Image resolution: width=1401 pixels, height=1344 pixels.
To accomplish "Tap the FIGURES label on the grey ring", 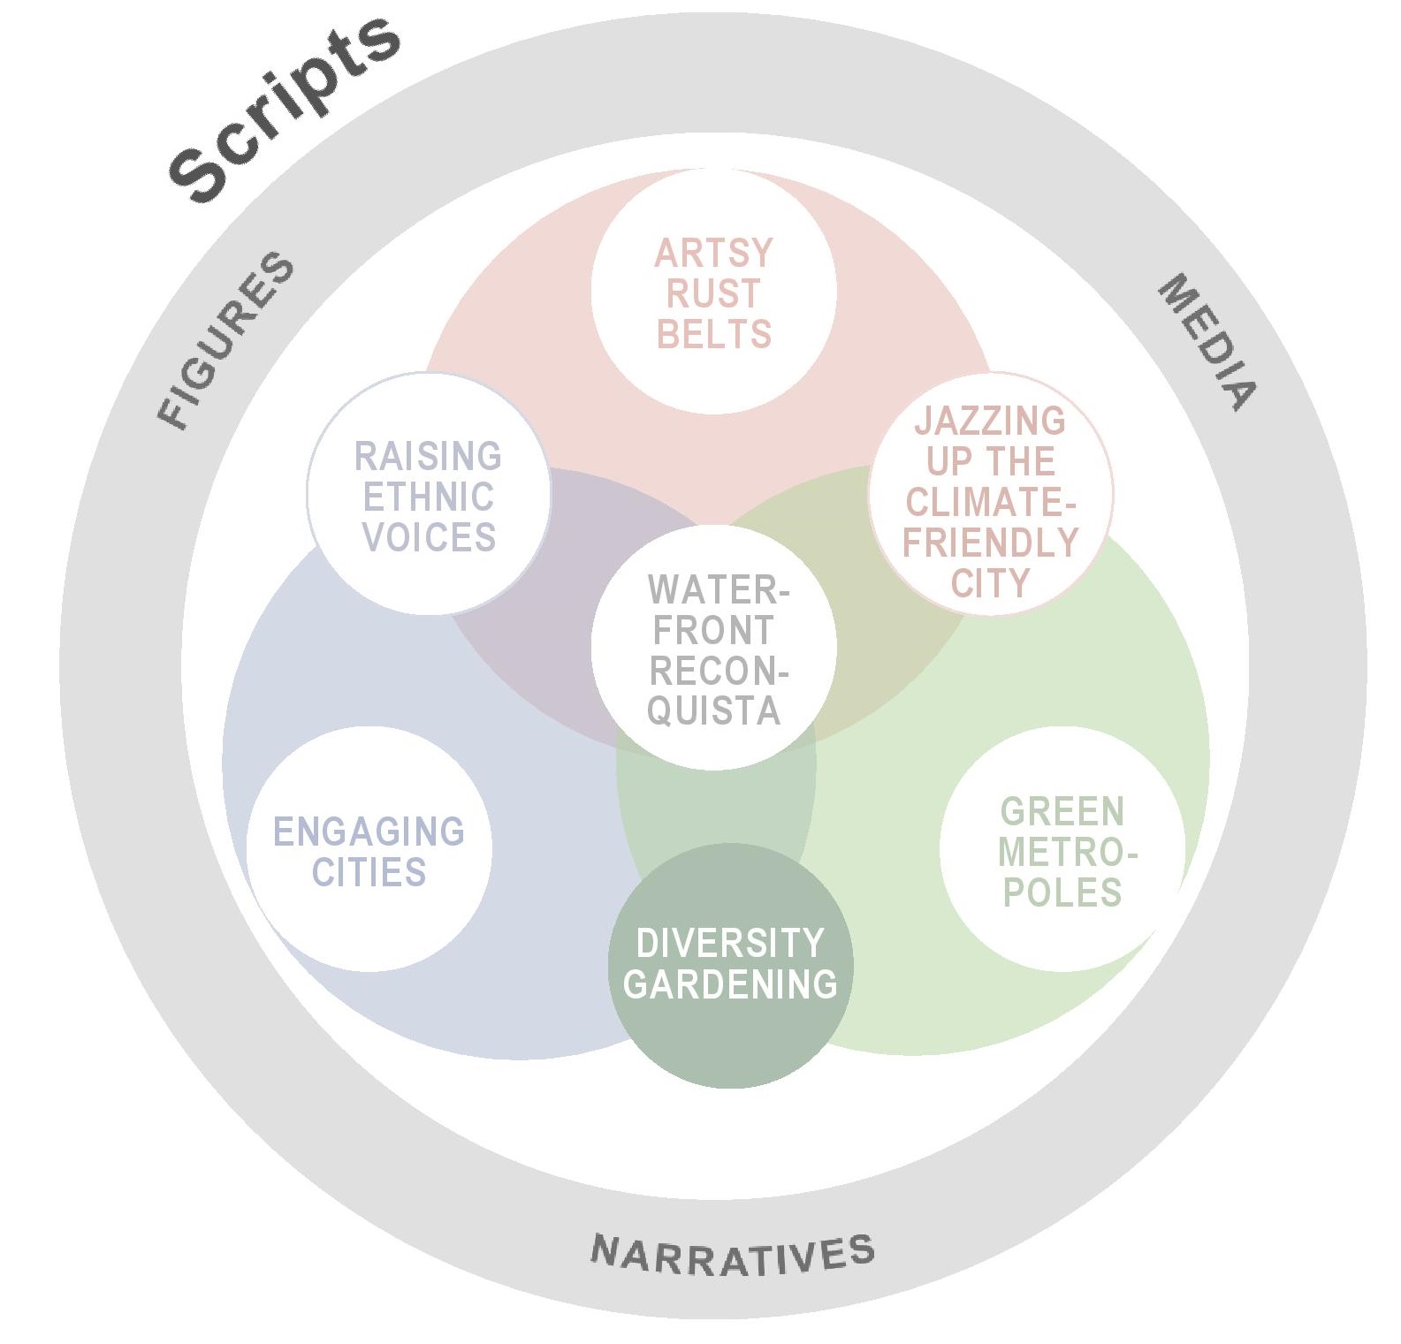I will point(226,340).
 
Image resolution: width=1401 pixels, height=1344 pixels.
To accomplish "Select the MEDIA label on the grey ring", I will point(1207,342).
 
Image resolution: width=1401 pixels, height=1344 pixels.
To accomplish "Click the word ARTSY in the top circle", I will point(713,254).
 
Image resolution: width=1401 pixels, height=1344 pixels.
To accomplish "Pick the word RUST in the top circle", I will point(713,294).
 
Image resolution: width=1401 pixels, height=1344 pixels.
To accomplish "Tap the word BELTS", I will point(714,335).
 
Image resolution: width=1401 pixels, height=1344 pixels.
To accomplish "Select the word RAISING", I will point(429,457).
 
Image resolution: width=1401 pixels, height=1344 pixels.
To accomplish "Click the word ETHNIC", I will point(429,497).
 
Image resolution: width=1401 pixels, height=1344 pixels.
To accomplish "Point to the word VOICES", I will point(429,537).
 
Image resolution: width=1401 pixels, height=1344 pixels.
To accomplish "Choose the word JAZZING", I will point(990,421).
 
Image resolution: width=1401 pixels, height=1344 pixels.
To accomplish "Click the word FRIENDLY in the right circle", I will point(990,542).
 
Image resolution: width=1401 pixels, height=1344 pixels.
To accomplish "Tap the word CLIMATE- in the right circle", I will point(990,502).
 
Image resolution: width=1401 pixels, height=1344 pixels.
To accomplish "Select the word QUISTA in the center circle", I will point(714,711).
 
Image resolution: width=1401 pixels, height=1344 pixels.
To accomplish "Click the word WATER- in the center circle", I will point(718,589).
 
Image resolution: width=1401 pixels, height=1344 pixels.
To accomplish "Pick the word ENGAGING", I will point(369,832).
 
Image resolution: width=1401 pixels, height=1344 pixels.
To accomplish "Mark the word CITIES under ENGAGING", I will point(369,873).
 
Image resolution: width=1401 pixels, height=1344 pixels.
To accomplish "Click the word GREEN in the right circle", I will point(1062,811).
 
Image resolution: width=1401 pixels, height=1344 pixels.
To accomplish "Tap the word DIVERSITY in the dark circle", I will point(730,944).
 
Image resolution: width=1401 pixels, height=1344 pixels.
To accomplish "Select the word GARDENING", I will point(730,984).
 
